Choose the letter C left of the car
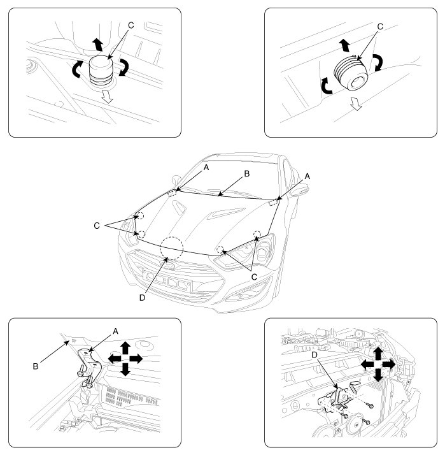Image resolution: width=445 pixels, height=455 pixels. pos(97,224)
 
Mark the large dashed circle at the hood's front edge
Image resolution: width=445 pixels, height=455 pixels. pos(172,248)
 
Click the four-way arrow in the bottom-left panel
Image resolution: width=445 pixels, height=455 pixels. pos(125,359)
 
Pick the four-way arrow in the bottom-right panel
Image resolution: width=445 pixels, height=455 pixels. pos(378,364)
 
